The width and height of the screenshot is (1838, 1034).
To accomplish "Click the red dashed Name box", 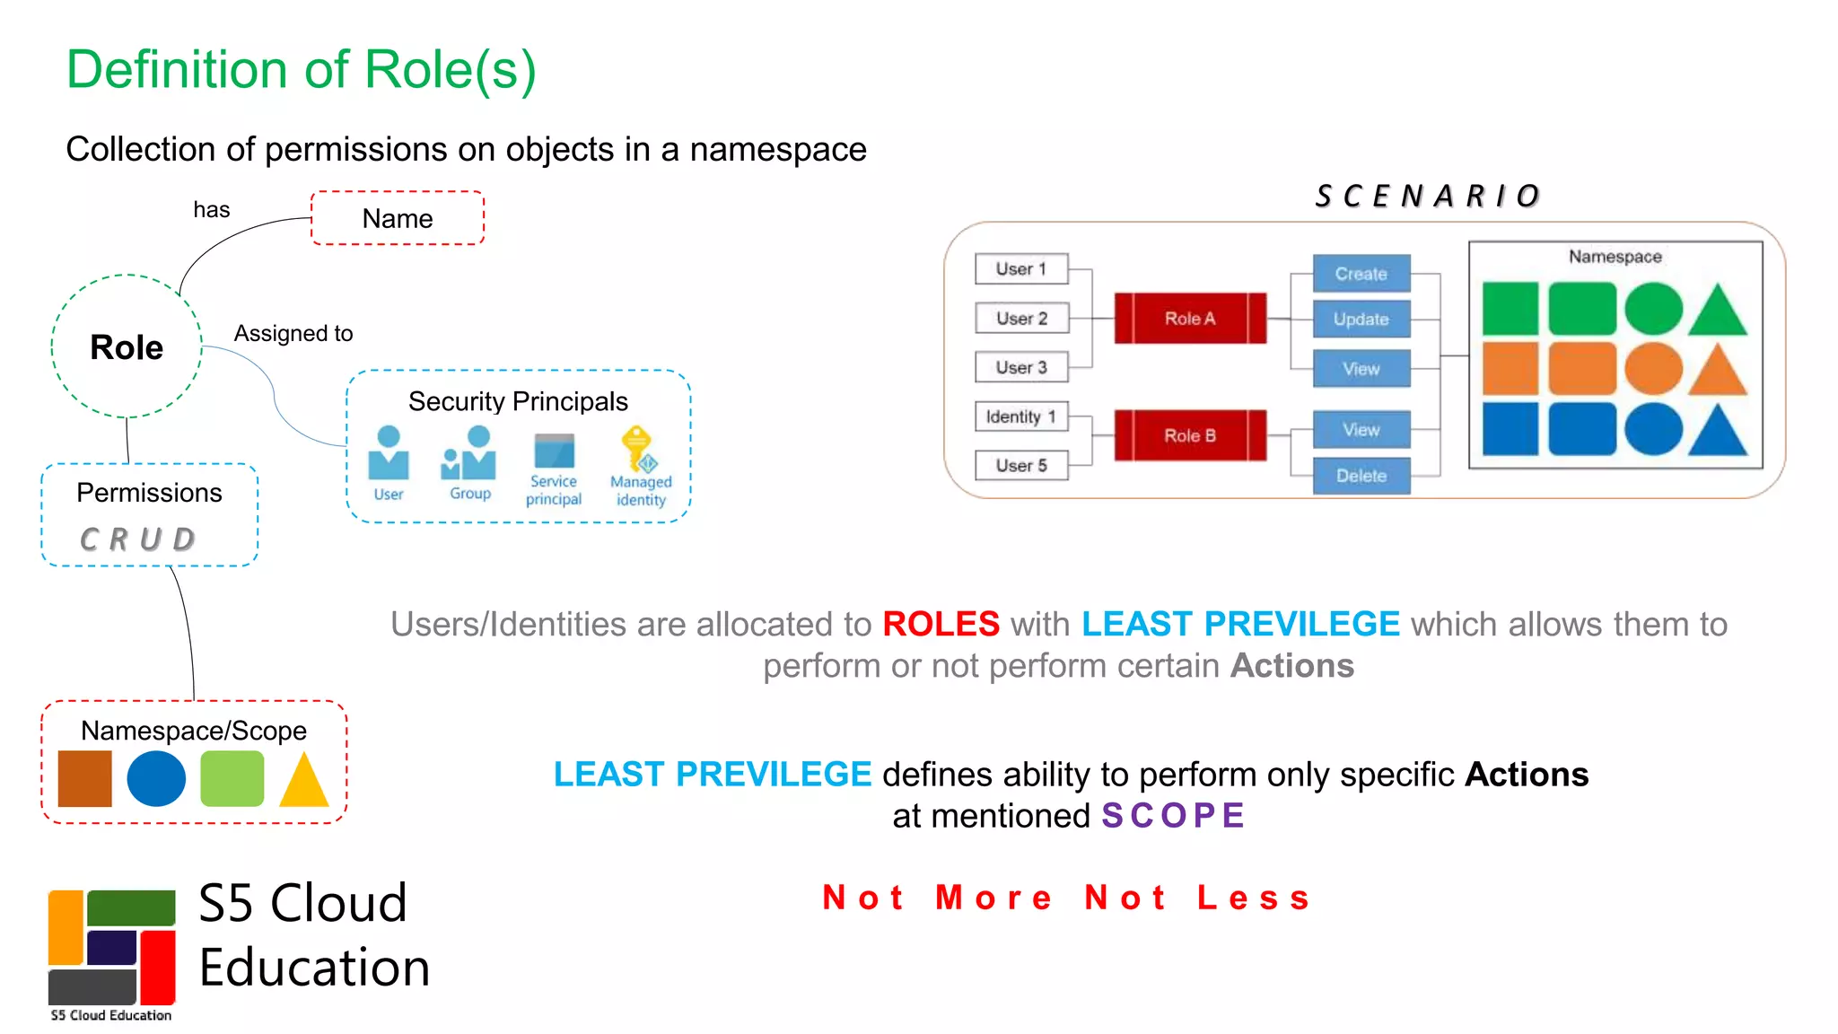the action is pyautogui.click(x=398, y=218).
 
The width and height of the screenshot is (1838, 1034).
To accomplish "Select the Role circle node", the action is pyautogui.click(x=127, y=346).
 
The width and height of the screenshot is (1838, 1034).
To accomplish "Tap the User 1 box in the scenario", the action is pyautogui.click(x=1021, y=268).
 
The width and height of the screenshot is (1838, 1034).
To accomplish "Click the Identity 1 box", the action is pyautogui.click(x=1021, y=416).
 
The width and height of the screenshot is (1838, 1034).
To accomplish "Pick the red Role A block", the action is pyautogui.click(x=1190, y=318).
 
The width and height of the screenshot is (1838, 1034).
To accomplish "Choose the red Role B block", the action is pyautogui.click(x=1190, y=435).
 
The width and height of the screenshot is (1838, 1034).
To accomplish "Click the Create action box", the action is pyautogui.click(x=1361, y=274).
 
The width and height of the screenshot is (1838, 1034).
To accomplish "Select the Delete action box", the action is pyautogui.click(x=1361, y=476).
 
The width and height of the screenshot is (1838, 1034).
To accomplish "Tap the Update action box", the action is pyautogui.click(x=1361, y=320).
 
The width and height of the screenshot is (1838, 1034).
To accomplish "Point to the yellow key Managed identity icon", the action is pyautogui.click(x=639, y=449).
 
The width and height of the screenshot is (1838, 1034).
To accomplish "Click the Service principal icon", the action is pyautogui.click(x=554, y=451).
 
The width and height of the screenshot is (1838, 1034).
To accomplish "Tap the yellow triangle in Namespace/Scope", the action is pyautogui.click(x=304, y=781).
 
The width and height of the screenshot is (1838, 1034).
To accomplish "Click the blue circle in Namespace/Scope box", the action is pyautogui.click(x=156, y=778).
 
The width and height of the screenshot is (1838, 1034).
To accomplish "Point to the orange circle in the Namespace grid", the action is pyautogui.click(x=1653, y=368).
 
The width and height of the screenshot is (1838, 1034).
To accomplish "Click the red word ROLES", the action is pyautogui.click(x=941, y=624).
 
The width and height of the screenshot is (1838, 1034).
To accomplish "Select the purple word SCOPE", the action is pyautogui.click(x=1173, y=816).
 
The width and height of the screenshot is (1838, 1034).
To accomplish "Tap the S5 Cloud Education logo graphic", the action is pyautogui.click(x=111, y=947).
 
